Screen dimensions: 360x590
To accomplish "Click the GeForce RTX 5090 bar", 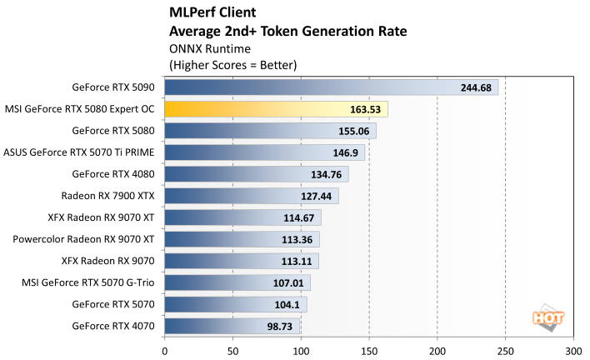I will (331, 87).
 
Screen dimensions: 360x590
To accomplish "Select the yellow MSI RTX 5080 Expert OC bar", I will (276, 109).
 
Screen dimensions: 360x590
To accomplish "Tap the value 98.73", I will (279, 326).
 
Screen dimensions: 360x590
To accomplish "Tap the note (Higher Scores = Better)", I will (232, 64).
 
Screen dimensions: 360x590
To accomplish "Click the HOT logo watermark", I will (545, 317).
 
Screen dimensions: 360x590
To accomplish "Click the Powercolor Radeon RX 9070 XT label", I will (83, 239).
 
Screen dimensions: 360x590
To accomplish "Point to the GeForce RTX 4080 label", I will (113, 174).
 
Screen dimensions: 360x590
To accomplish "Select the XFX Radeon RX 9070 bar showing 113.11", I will (242, 261).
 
